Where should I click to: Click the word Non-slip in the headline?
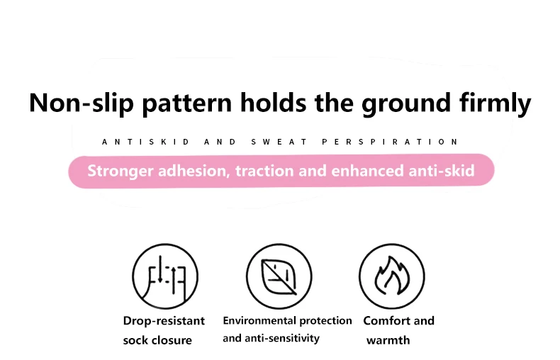[82, 103]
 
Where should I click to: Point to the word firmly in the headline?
[495, 103]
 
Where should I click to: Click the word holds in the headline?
[273, 103]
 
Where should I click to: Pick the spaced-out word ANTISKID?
[146, 142]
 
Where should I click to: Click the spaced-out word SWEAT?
[279, 142]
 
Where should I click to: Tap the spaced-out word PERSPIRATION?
[390, 142]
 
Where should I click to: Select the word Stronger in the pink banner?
[121, 171]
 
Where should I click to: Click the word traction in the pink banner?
[264, 171]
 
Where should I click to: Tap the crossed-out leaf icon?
[279, 277]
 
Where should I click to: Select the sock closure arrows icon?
[164, 276]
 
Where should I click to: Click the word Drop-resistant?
[164, 321]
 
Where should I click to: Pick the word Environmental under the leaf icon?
[259, 320]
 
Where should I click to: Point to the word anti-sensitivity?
[282, 338]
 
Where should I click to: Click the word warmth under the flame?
[388, 340]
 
